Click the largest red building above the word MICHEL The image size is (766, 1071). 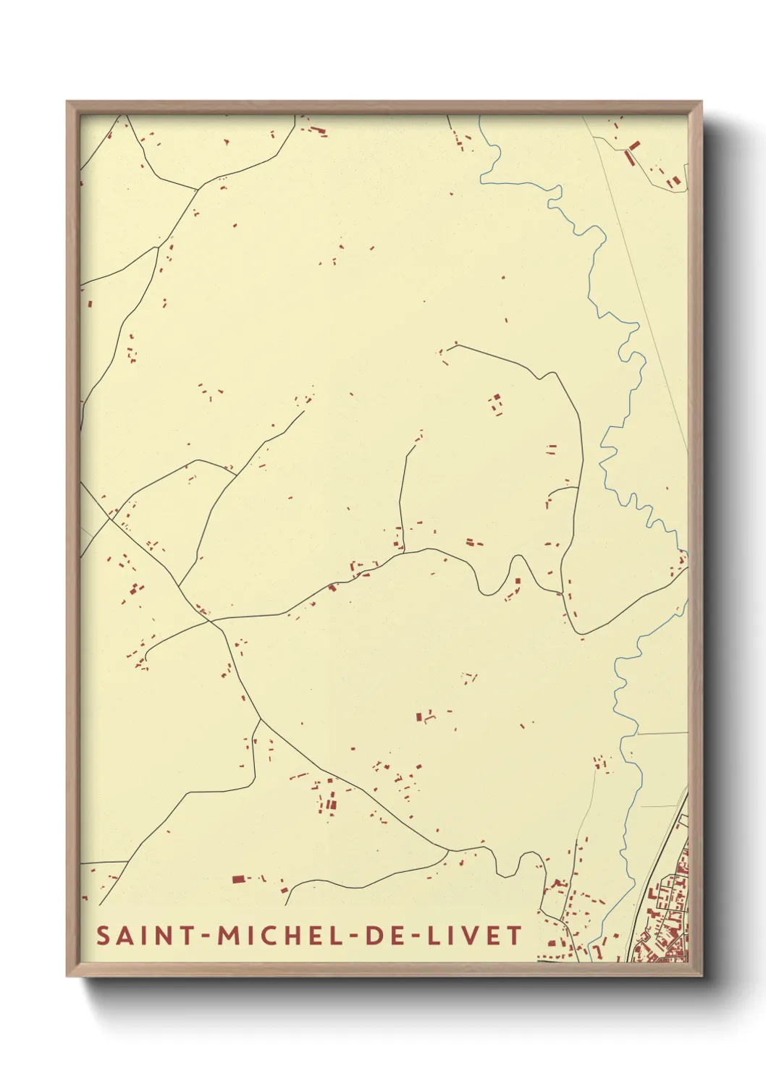[x=238, y=879]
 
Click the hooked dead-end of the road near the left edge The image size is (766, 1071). [x=146, y=657]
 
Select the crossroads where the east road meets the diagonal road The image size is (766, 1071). [x=210, y=620]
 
